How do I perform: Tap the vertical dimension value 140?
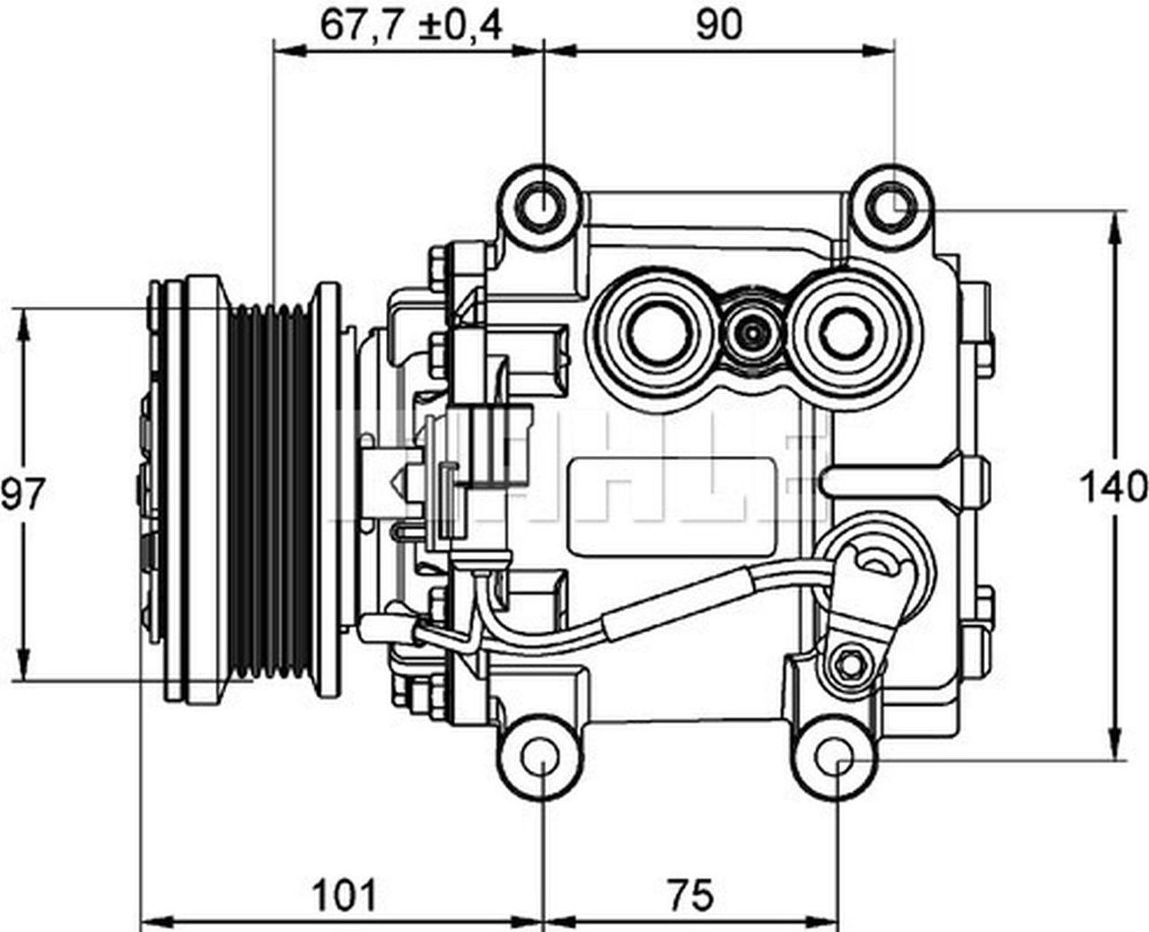tap(1114, 488)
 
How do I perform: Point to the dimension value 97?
tap(22, 495)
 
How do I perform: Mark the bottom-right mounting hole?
tap(836, 760)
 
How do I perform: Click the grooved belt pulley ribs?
tap(269, 494)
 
